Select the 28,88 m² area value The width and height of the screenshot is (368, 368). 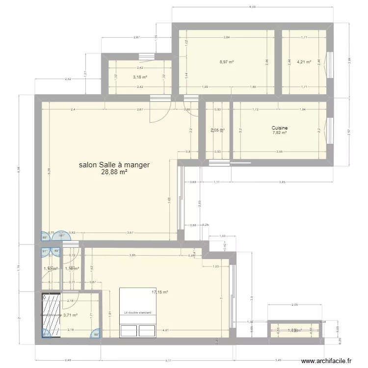(x=114, y=172)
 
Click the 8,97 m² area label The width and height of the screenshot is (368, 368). (x=226, y=62)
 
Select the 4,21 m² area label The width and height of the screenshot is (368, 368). (x=304, y=62)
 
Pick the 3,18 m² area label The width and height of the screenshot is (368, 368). (x=140, y=77)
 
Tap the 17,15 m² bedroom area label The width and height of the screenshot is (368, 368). (x=159, y=292)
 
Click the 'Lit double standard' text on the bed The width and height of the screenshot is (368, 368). (x=138, y=313)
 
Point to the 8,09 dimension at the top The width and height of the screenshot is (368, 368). (x=252, y=7)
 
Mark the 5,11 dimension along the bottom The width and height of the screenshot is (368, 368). (x=168, y=361)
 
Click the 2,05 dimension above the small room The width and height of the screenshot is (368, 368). (x=294, y=305)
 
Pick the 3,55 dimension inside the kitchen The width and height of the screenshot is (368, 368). (x=279, y=152)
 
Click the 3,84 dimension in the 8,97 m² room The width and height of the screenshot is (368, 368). (x=226, y=37)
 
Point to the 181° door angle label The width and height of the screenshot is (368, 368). (x=61, y=236)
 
